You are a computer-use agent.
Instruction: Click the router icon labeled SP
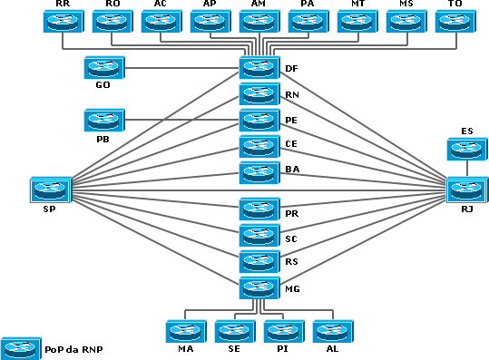47,190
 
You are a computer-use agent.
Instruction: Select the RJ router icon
465,190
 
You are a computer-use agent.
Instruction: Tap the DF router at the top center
259,67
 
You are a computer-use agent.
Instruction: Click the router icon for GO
103,67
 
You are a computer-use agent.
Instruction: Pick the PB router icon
103,120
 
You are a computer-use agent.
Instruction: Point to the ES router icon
466,149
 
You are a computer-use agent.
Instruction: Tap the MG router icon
259,289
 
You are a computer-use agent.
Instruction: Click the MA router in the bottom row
185,331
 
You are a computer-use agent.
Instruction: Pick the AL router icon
332,331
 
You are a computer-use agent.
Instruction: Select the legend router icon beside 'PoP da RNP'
20,347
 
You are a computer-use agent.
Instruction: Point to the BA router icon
259,172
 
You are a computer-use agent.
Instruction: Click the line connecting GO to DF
181,67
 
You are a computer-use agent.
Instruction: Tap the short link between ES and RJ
466,169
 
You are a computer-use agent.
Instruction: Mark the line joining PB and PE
181,120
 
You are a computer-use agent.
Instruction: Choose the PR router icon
259,209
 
